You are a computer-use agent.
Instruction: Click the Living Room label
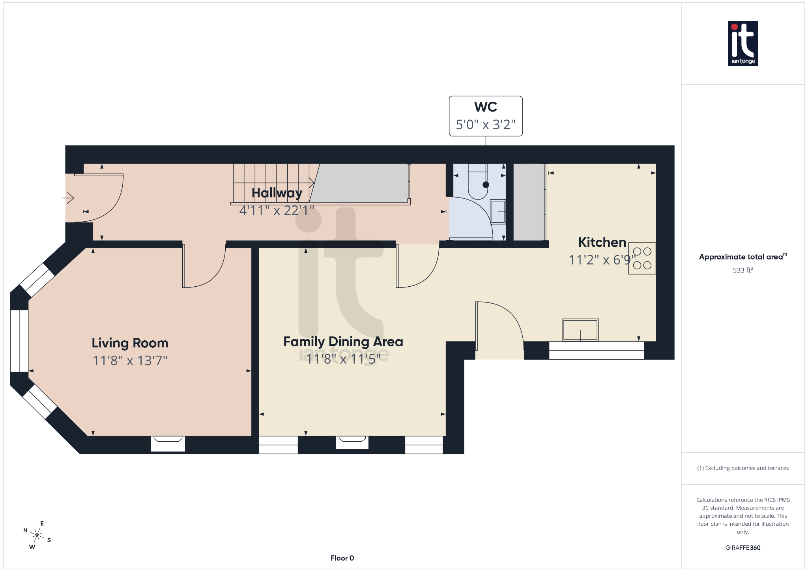130,343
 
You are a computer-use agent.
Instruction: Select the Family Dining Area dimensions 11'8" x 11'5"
343,359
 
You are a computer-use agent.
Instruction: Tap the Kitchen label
602,242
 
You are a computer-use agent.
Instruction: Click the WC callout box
485,116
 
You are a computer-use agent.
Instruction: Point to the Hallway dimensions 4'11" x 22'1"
276,210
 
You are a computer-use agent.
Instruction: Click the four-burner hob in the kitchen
642,258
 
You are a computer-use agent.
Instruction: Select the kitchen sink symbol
580,330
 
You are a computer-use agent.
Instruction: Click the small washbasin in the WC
498,212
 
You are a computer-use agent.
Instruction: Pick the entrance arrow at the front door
69,198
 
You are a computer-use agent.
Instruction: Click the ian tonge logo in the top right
743,43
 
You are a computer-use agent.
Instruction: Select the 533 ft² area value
743,270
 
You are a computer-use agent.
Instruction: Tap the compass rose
37,535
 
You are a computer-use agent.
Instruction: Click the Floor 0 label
342,558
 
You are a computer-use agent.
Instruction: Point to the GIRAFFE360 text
743,547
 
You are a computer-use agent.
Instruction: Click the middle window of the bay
19,341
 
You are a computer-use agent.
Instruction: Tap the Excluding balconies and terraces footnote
743,468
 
